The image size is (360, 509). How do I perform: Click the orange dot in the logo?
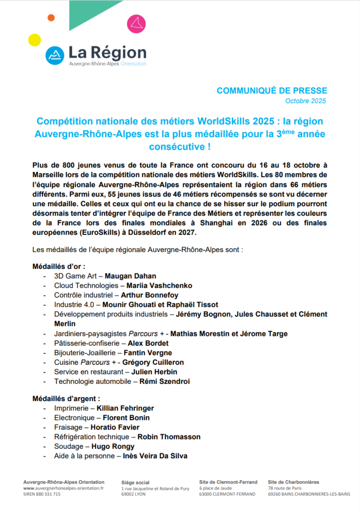pyautogui.click(x=51, y=18)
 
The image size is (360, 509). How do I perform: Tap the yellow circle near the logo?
pyautogui.click(x=35, y=40)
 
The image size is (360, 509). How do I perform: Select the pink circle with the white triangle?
pyautogui.click(x=136, y=24)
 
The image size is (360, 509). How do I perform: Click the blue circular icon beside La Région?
pyautogui.click(x=55, y=55)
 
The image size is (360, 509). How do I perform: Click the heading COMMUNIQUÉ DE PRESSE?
pyautogui.click(x=272, y=91)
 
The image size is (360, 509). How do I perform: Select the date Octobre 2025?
pyautogui.click(x=305, y=101)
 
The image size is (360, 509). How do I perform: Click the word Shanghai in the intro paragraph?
pyautogui.click(x=216, y=223)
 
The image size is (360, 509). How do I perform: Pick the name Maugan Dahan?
pyautogui.click(x=130, y=276)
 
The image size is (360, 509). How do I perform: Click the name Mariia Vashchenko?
pyautogui.click(x=159, y=286)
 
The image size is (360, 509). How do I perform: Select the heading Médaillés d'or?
pyautogui.click(x=59, y=266)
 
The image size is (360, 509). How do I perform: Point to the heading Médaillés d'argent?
pyautogui.click(x=66, y=399)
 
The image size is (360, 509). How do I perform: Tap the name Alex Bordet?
pyautogui.click(x=148, y=343)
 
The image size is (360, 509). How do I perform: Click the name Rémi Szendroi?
pyautogui.click(x=164, y=381)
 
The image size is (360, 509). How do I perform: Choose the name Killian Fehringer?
pyautogui.click(x=125, y=408)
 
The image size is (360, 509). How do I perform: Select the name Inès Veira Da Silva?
pyautogui.click(x=155, y=456)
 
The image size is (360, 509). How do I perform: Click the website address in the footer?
pyautogui.click(x=63, y=488)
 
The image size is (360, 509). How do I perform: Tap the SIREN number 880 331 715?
pyautogui.click(x=42, y=494)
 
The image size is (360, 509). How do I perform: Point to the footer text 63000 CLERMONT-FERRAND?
pyautogui.click(x=227, y=494)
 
